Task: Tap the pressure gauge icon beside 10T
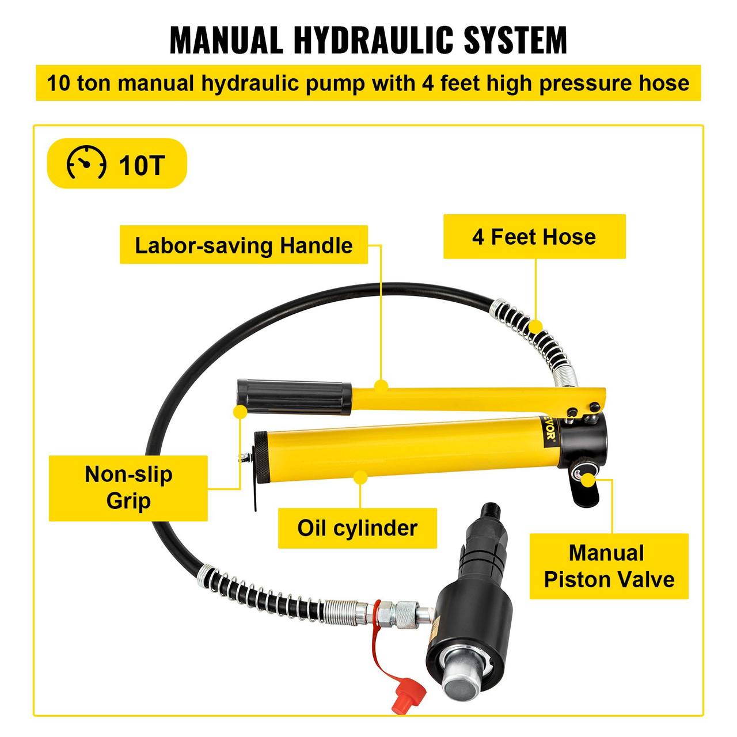coord(86,164)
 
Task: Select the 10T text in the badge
coord(142,166)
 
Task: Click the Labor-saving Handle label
coord(244,245)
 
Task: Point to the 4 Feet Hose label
coord(534,237)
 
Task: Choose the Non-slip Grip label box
coord(128,488)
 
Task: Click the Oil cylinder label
coord(357,528)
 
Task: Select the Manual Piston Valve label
coord(609,566)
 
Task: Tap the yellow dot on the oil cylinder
coord(360,477)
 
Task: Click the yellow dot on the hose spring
coord(536,326)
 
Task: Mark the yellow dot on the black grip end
coord(240,412)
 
